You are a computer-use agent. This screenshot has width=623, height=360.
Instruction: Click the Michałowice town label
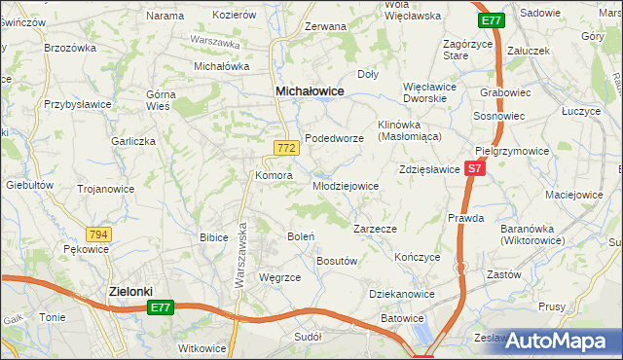[310, 90]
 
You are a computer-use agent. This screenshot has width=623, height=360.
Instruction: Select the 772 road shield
[285, 148]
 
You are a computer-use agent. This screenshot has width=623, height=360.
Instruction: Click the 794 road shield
[98, 234]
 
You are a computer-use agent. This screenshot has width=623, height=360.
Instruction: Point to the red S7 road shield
[474, 169]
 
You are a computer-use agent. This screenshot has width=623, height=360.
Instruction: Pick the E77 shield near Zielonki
[163, 307]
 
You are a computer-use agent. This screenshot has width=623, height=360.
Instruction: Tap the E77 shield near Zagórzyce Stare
[492, 20]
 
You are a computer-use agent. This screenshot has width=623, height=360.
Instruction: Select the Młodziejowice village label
[345, 186]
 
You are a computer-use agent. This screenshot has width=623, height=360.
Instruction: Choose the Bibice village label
[213, 236]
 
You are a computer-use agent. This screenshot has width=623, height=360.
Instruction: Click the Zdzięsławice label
[428, 169]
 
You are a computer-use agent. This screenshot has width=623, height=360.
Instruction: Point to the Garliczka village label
[133, 141]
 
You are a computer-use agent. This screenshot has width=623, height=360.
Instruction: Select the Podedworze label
[334, 138]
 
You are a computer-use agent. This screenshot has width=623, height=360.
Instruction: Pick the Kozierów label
[234, 16]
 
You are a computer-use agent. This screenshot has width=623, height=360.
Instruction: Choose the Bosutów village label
[339, 261]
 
